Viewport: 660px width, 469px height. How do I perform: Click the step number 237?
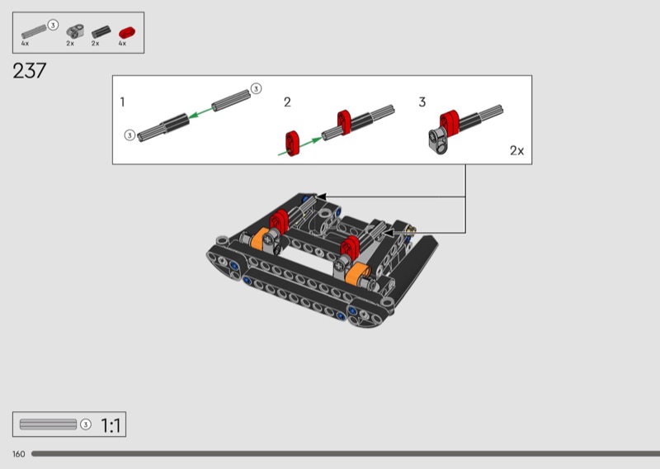point(30,71)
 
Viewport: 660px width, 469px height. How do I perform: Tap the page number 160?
point(18,454)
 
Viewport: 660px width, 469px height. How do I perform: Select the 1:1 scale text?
point(111,425)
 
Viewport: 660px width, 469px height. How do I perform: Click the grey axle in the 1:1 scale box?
point(48,424)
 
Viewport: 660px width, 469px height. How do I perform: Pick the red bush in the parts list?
point(127,32)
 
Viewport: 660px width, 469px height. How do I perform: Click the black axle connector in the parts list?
point(101,32)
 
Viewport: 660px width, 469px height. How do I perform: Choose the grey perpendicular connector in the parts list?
point(75,31)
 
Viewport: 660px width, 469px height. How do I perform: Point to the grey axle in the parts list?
point(34,31)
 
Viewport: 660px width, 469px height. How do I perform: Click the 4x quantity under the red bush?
point(122,44)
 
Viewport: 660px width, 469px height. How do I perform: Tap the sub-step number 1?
point(122,102)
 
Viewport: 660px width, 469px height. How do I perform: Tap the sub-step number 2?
point(287,102)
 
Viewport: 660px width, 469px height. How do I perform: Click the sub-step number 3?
point(422,102)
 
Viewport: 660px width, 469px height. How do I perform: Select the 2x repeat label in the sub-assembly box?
point(517,150)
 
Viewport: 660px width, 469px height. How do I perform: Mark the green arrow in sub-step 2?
point(299,146)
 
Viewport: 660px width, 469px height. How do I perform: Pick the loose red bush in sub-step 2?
point(292,144)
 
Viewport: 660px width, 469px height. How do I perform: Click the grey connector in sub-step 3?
point(438,140)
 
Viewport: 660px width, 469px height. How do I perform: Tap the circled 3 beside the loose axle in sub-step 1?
point(256,89)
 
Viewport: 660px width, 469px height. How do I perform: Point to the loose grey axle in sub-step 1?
point(231,101)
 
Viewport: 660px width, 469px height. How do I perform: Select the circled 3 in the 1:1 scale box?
point(86,424)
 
